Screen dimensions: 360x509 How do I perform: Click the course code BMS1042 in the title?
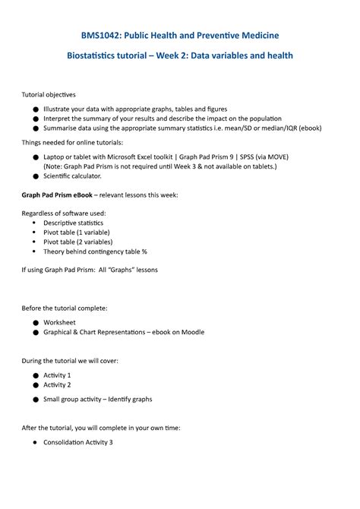102,35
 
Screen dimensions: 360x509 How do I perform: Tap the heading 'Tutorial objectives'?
48,95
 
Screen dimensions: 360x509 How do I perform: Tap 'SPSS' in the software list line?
248,156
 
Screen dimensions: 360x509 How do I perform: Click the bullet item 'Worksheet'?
59,322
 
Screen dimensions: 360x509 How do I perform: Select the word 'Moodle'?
191,332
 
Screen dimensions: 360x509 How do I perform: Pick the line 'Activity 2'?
57,385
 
